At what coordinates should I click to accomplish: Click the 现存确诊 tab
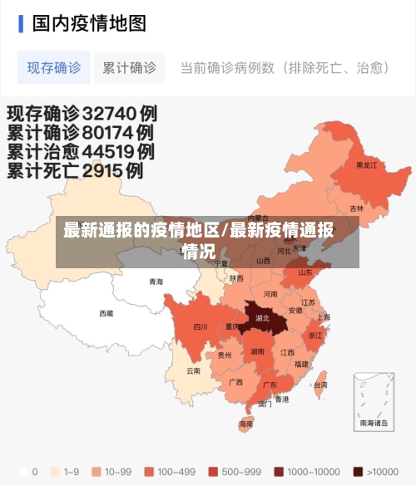click(x=54, y=67)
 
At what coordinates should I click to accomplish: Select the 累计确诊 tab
click(x=129, y=67)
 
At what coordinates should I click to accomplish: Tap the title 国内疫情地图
click(x=89, y=22)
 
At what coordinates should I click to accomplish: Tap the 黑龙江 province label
click(x=366, y=165)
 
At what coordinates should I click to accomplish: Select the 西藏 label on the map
click(x=106, y=313)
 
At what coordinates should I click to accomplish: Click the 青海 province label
click(x=156, y=282)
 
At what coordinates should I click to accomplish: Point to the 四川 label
click(x=201, y=326)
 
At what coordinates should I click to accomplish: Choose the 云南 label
click(x=193, y=370)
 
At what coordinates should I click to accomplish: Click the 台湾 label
click(x=319, y=385)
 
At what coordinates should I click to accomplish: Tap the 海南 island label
click(x=245, y=424)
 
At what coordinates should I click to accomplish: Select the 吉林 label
click(x=356, y=208)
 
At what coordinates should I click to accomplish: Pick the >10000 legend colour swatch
click(x=358, y=472)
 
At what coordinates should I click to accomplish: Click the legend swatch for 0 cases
click(x=22, y=472)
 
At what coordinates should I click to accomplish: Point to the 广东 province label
click(x=270, y=385)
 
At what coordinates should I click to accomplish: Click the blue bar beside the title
click(x=21, y=22)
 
